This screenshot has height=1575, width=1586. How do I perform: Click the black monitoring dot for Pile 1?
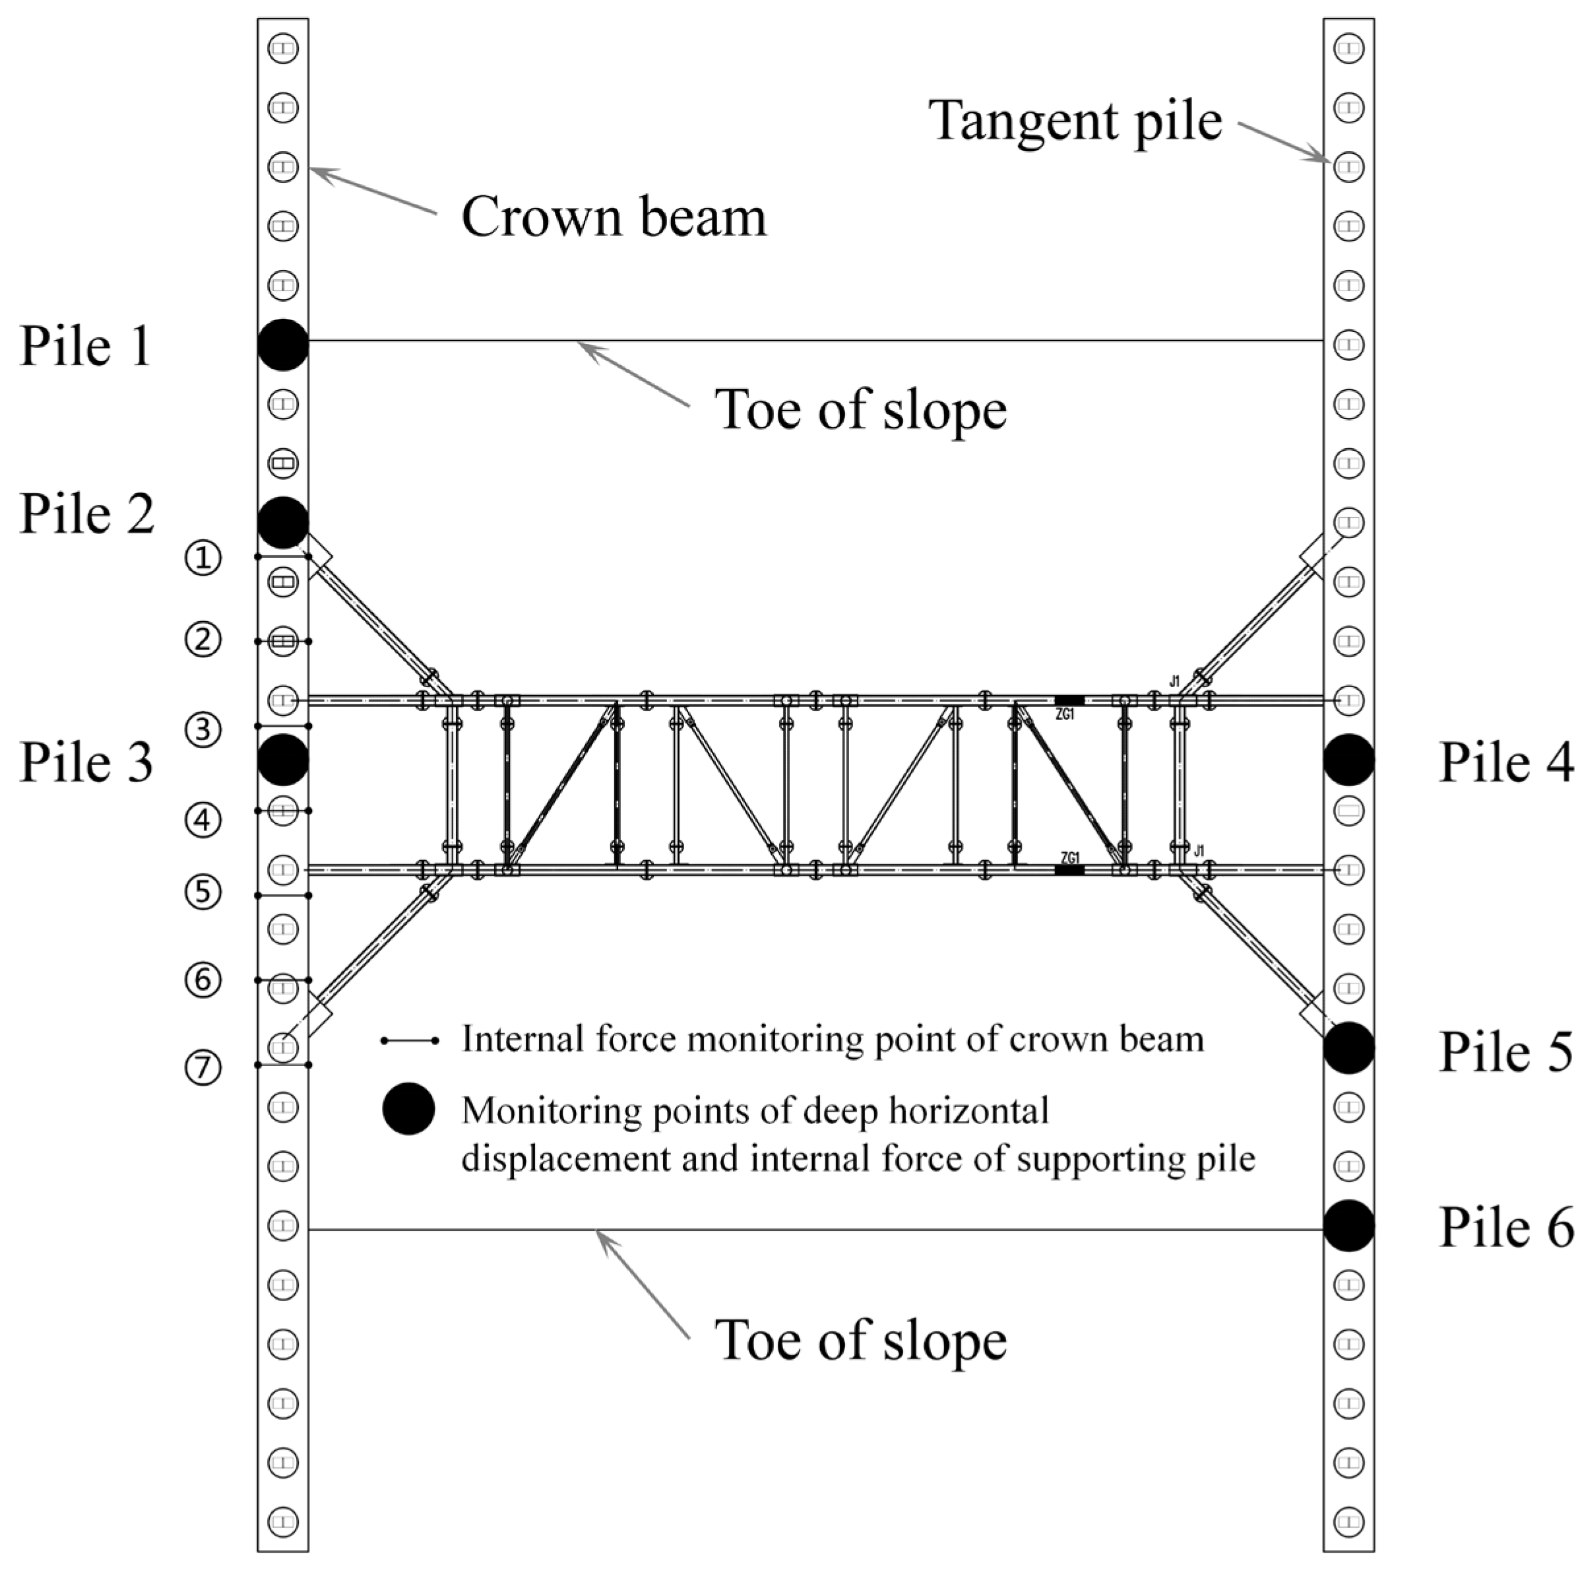[282, 344]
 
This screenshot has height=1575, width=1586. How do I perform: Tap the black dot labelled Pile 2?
[282, 522]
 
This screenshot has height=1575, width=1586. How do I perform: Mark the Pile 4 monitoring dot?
[1348, 760]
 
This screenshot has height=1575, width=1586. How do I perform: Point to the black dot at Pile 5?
[1348, 1048]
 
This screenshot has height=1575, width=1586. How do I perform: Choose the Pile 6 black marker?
[1348, 1225]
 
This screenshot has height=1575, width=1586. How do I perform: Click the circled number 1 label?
[203, 559]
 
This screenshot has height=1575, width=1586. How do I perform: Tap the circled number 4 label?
[203, 821]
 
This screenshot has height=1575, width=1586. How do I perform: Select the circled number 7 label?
[203, 1068]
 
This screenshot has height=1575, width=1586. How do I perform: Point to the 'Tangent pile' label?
[1075, 121]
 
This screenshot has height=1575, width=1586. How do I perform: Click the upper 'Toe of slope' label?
[860, 409]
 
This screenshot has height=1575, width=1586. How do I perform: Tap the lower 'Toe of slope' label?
[860, 1340]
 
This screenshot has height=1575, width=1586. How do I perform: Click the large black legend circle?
[408, 1108]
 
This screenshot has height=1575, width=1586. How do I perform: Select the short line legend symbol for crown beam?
[410, 1040]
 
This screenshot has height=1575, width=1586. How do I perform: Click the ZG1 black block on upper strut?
[1069, 700]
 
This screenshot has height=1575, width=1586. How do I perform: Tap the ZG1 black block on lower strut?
[1069, 869]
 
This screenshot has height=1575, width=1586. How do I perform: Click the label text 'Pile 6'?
[1506, 1228]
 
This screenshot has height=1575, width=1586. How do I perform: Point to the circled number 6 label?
[203, 980]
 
